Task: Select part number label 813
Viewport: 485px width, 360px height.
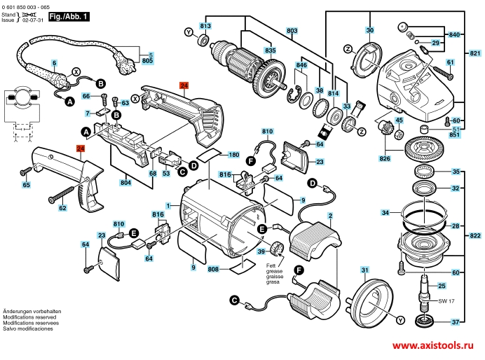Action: pos(205,26)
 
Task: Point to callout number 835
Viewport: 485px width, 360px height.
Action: pos(250,50)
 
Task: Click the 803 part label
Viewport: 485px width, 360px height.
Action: pos(292,31)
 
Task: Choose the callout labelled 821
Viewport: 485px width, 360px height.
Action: pos(476,54)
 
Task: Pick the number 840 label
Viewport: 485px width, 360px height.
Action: pos(454,34)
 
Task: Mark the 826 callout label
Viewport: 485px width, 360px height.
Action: pos(383,158)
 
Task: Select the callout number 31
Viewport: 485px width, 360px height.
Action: pos(364,270)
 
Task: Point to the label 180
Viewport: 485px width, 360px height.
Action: pos(234,155)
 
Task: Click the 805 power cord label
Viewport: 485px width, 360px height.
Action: pos(148,61)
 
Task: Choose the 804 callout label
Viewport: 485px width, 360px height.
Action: pos(126,184)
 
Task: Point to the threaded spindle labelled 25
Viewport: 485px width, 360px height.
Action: pos(424,287)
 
